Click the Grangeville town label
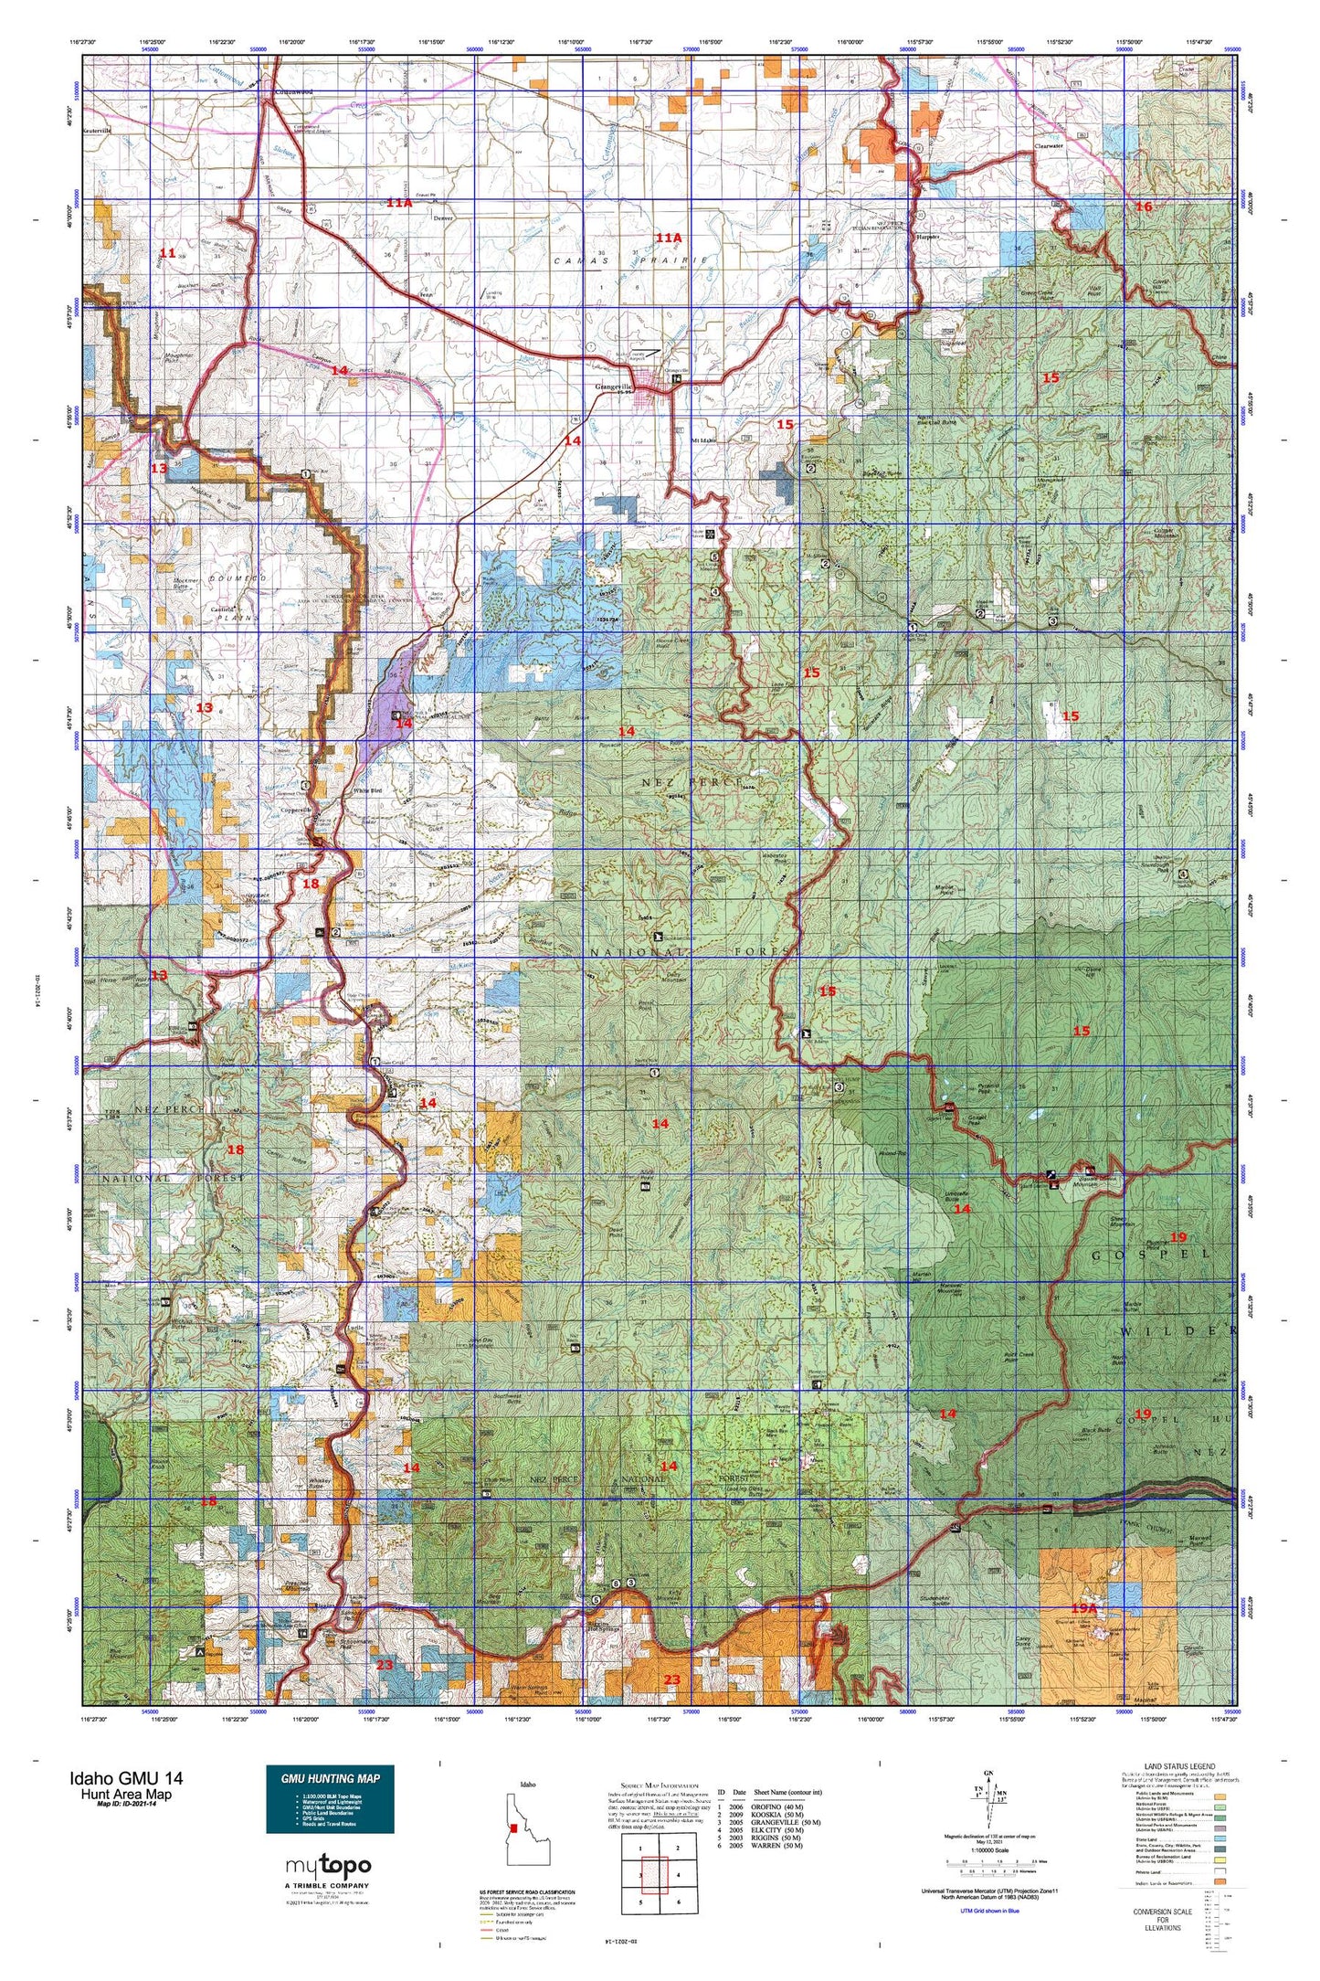613,387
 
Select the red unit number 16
1143,207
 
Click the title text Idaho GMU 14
126,1778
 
